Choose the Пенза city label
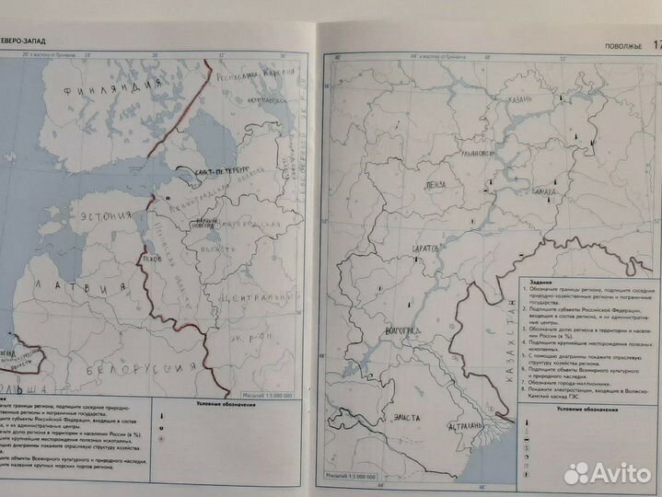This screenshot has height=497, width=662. tap(436, 184)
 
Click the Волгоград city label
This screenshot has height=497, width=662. tap(400, 331)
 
